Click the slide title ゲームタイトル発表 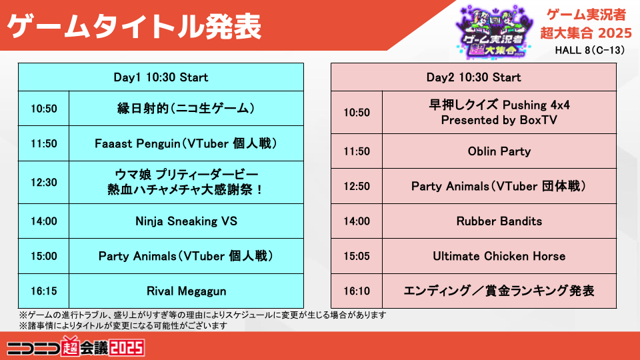(x=134, y=27)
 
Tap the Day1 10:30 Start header (x=161, y=77)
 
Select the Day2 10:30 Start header (x=473, y=77)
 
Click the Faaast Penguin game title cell (x=186, y=143)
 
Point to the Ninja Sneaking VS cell (x=186, y=221)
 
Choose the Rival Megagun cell (x=186, y=291)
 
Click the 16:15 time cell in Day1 (x=44, y=291)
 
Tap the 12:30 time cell (x=44, y=183)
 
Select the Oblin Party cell (x=499, y=151)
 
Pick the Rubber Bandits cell (x=499, y=221)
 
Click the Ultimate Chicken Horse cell (x=499, y=256)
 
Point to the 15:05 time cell (x=357, y=256)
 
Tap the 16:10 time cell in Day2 (x=357, y=291)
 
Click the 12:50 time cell (x=357, y=186)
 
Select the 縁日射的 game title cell (x=186, y=109)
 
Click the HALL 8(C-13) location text (x=590, y=50)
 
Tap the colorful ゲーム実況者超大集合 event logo (x=494, y=32)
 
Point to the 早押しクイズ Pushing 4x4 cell (x=499, y=112)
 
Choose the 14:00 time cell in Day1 (x=44, y=221)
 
